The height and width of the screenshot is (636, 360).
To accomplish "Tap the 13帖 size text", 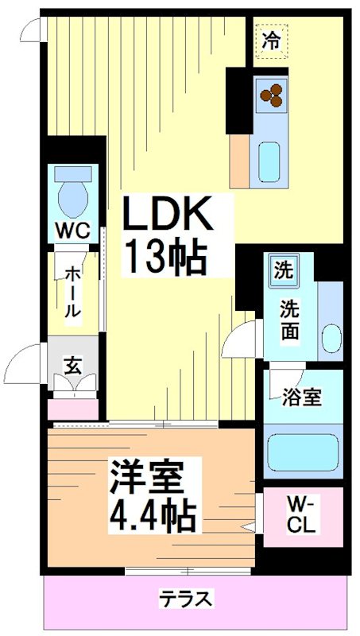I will [x=165, y=256].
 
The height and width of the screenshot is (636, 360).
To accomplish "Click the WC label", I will [x=72, y=231].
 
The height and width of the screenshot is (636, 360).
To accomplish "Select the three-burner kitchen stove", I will [x=271, y=95].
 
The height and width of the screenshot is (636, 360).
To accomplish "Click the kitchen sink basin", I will [x=270, y=161].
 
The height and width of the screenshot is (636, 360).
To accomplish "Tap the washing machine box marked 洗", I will [x=283, y=270].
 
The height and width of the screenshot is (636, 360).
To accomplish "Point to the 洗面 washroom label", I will [x=289, y=320].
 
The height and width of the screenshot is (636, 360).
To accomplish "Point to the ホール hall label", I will [x=72, y=292].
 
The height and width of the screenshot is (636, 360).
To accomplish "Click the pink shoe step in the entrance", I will [x=73, y=409].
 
